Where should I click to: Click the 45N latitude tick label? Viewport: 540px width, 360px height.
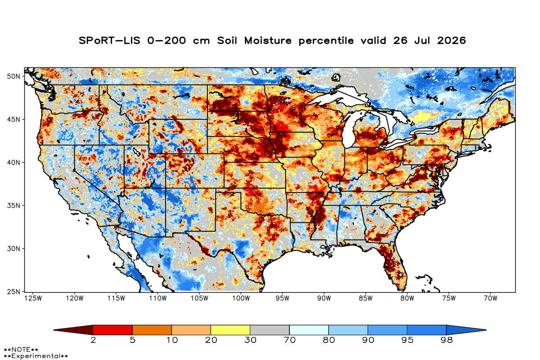(x=13, y=119)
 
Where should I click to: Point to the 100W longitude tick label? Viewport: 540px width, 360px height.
(x=241, y=298)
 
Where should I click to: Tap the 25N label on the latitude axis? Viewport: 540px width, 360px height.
(x=13, y=292)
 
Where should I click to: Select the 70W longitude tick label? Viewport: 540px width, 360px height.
(x=490, y=298)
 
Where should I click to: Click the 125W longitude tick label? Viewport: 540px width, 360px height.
(x=33, y=298)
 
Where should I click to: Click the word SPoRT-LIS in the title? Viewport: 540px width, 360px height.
(x=109, y=40)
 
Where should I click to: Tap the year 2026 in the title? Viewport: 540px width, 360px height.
(x=451, y=40)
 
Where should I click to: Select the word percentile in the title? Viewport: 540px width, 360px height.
(x=326, y=41)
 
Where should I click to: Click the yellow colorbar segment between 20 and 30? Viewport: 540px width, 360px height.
(x=230, y=330)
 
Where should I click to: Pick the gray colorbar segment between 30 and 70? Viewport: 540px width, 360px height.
(x=270, y=330)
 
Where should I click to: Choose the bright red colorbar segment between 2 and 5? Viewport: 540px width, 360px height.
(x=112, y=330)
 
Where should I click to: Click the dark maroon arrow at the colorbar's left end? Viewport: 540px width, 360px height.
(x=73, y=330)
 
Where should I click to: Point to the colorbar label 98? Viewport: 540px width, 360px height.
(x=446, y=340)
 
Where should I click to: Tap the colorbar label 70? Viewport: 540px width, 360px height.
(x=289, y=340)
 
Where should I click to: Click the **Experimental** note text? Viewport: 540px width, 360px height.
(x=36, y=356)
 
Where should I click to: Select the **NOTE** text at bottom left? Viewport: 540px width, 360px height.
(x=21, y=350)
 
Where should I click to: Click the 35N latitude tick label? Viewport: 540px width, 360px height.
(x=13, y=206)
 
